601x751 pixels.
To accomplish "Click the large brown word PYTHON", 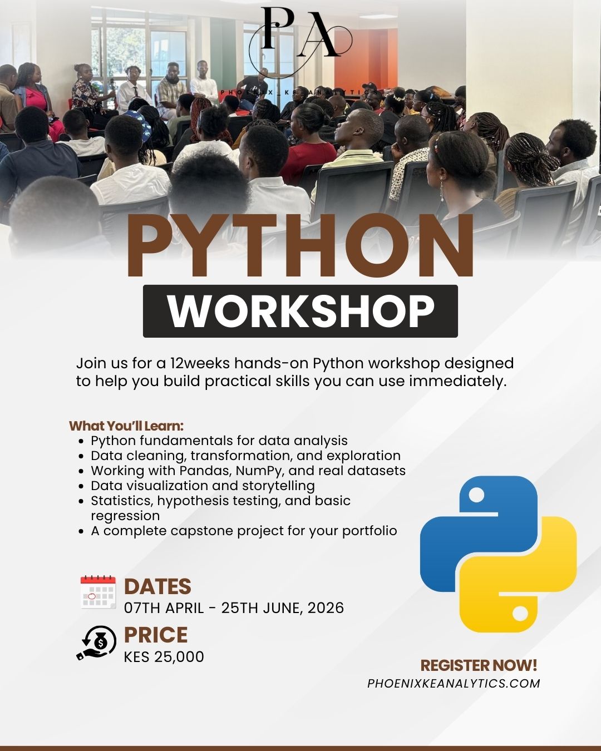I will click(300, 245).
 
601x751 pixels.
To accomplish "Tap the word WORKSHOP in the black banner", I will click(300, 311).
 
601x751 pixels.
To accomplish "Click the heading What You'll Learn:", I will click(126, 426).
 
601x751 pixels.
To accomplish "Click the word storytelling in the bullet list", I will click(279, 486).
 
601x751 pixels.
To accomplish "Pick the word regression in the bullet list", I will click(125, 516).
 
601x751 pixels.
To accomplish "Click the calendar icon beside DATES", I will click(98, 592).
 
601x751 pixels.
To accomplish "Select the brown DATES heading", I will click(157, 587).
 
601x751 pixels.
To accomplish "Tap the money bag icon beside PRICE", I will click(97, 643).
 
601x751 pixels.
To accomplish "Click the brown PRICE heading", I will click(156, 635).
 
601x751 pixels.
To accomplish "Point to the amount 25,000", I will click(179, 656).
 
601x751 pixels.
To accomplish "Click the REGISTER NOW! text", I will click(479, 665).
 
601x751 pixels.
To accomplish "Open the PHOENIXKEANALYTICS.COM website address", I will click(454, 684).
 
